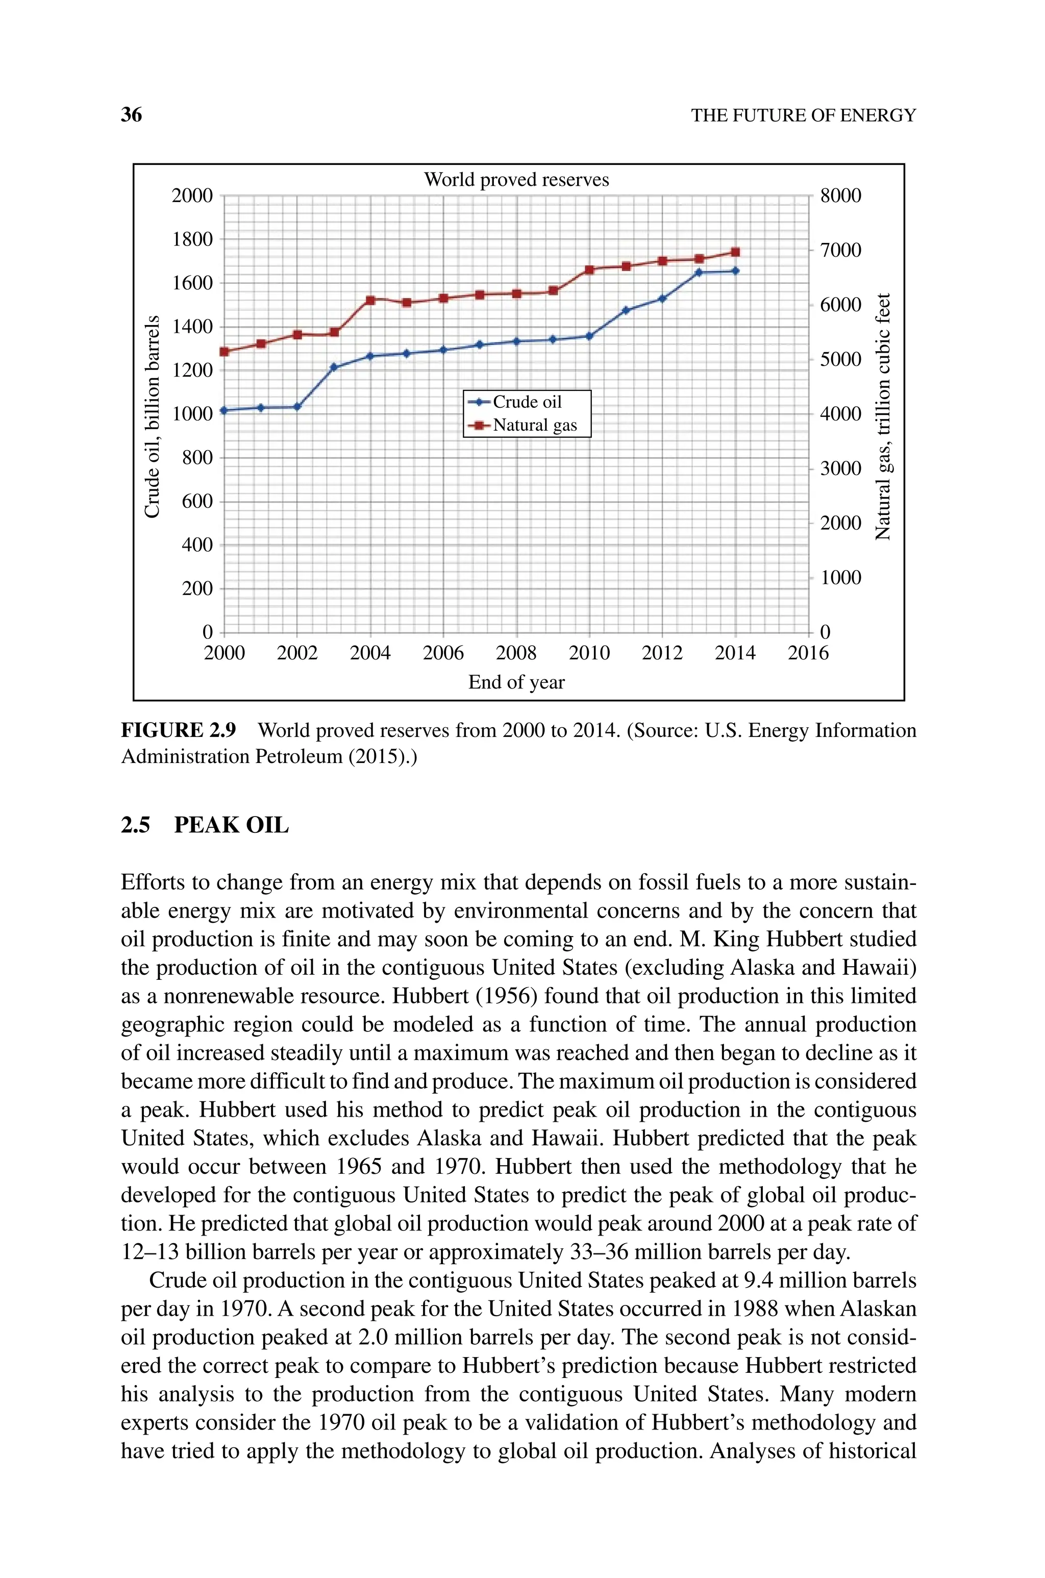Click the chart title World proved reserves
(x=516, y=180)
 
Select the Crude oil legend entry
(x=527, y=402)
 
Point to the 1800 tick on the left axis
(x=192, y=239)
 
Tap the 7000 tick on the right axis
(x=840, y=251)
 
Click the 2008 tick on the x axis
(x=516, y=653)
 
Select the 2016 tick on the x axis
(x=808, y=653)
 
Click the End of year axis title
(x=516, y=682)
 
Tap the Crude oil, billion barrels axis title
(x=153, y=416)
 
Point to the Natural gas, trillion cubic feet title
(x=883, y=416)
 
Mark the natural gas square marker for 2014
(x=735, y=252)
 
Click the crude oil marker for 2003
(x=334, y=367)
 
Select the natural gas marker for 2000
(x=224, y=351)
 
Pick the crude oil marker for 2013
(x=699, y=272)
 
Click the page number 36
(x=131, y=115)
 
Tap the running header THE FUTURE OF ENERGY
(x=803, y=116)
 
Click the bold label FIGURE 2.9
(x=178, y=731)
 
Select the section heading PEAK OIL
(x=231, y=826)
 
